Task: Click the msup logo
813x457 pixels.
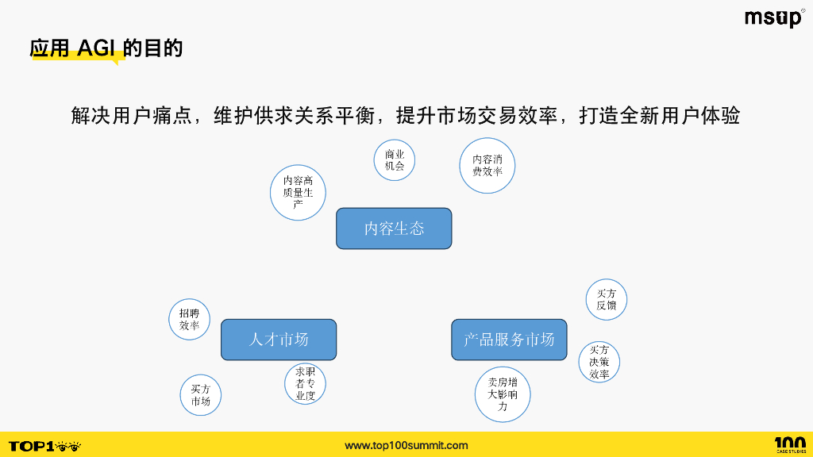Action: coord(774,18)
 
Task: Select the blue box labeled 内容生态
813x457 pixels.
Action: coord(394,228)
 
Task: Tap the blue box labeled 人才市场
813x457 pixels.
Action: coord(279,340)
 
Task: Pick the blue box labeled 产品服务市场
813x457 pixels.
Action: coord(509,340)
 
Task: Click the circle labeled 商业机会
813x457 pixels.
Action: coord(395,159)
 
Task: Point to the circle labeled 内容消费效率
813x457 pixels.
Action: coord(487,165)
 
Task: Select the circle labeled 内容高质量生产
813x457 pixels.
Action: coord(298,192)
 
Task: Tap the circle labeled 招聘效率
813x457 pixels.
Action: coord(189,320)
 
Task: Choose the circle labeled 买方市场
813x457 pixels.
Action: coord(200,395)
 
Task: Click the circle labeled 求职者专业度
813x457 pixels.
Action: coord(305,384)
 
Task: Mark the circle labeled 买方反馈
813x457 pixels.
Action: coord(606,299)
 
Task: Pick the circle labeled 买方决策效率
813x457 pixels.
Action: coord(599,362)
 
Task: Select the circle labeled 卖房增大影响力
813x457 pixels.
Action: coord(503,394)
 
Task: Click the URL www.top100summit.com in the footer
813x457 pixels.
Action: coord(406,446)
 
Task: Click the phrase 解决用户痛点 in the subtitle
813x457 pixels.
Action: coord(133,116)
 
